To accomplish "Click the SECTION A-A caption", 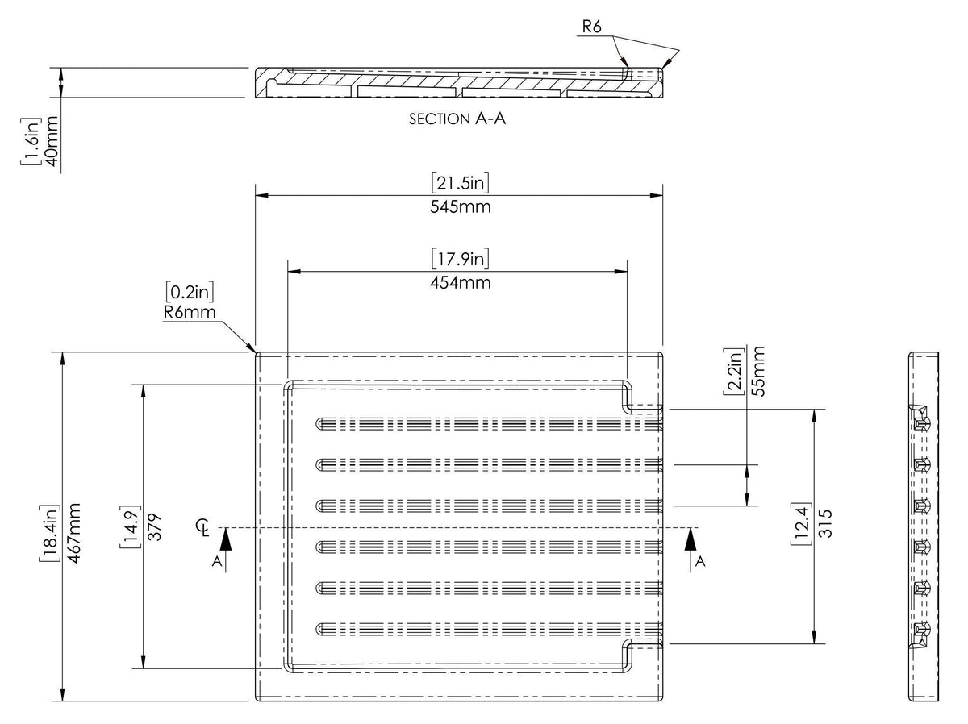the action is (457, 119).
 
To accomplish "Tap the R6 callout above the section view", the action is (591, 27).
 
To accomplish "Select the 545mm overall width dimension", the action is (461, 206).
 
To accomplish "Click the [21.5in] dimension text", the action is (460, 182).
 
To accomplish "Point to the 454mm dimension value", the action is (461, 282).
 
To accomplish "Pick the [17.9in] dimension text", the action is (460, 259).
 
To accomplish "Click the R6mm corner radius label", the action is (190, 313).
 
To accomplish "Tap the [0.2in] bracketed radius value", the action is (190, 292).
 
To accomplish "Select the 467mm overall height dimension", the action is (73, 533).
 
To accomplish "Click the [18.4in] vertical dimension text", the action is (49, 533).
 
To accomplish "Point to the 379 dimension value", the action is (154, 526).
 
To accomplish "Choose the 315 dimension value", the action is (825, 523).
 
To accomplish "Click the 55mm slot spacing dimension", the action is (758, 372).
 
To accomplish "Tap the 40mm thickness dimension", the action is (52, 141).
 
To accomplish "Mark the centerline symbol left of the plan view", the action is (202, 527).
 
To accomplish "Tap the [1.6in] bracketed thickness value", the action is (31, 141).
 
